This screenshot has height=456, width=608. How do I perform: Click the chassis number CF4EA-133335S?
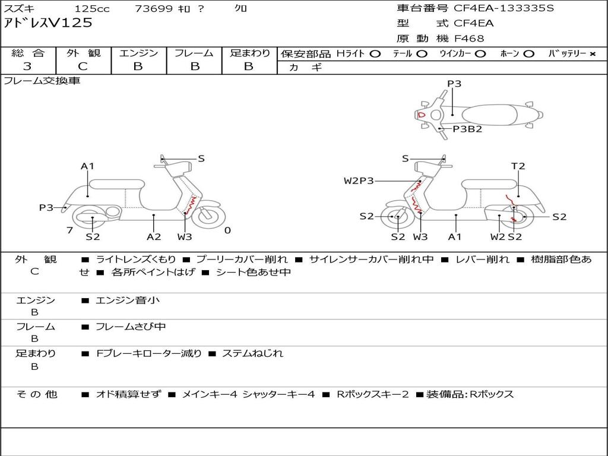click(x=503, y=8)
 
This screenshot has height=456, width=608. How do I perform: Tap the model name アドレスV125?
click(x=48, y=23)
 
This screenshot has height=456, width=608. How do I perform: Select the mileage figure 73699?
click(x=154, y=8)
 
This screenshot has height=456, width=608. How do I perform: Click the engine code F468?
click(x=469, y=39)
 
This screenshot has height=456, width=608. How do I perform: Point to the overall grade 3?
click(x=27, y=66)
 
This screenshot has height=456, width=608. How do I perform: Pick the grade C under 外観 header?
click(x=83, y=66)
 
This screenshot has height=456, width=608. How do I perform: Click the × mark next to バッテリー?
click(x=593, y=54)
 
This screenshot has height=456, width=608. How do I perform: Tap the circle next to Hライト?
click(x=375, y=54)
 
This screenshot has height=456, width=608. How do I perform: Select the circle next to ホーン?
click(x=528, y=54)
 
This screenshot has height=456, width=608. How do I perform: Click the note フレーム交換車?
click(x=42, y=81)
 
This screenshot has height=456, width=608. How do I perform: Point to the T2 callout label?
click(x=518, y=166)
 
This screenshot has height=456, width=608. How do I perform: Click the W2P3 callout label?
click(x=359, y=180)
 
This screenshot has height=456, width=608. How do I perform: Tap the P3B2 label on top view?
click(x=468, y=129)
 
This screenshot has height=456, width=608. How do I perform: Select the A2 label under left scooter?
click(x=154, y=237)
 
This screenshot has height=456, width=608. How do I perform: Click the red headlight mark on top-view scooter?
click(x=422, y=115)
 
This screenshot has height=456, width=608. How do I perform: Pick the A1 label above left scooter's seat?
click(x=88, y=166)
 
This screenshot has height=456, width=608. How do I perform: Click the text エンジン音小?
click(x=128, y=300)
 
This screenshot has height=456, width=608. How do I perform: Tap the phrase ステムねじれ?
click(x=252, y=353)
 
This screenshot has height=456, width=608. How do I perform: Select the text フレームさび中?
click(x=131, y=327)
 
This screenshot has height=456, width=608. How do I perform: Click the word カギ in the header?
click(x=306, y=68)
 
